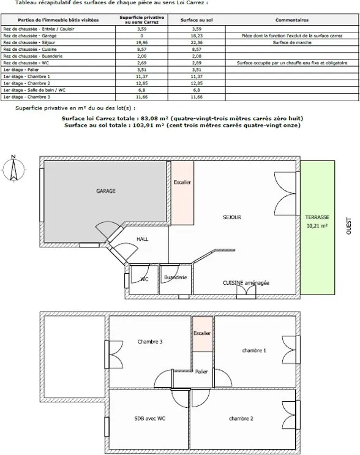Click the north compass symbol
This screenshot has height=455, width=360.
coord(13,169)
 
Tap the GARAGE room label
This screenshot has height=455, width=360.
coord(106,191)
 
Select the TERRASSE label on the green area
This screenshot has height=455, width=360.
coord(317,217)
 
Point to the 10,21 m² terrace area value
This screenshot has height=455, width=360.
coord(317,226)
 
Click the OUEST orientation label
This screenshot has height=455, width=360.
coord(349,226)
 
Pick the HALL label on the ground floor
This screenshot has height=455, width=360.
coord(143,239)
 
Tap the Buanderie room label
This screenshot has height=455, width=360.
coord(176,277)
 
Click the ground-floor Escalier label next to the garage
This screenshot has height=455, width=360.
coord(182,182)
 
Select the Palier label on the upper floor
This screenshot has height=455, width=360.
coord(201,372)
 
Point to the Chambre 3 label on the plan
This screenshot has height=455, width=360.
coord(150,342)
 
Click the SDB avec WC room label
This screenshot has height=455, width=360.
coord(149,418)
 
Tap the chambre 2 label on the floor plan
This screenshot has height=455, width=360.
coord(241,418)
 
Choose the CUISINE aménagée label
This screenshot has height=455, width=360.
coord(246,283)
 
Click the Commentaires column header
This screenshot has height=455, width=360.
coord(292,20)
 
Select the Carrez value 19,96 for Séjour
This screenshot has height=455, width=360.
coord(141,43)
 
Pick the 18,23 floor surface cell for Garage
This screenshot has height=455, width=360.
coord(197,36)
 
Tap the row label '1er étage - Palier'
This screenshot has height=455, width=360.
coord(21,70)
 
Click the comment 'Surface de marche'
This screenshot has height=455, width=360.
coord(292,43)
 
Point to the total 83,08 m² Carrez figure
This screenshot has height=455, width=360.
coord(155,118)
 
